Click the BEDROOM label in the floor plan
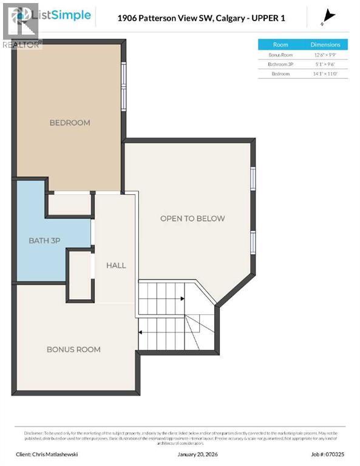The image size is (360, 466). pos(70,123)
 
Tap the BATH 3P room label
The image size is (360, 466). pos(44,241)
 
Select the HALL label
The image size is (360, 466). pos(116,265)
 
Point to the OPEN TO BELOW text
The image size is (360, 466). pos(192,218)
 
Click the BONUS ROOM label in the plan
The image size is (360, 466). pos(73,349)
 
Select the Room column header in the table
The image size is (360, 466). pos(280,44)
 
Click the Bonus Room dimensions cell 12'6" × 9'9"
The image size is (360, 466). pos(325,55)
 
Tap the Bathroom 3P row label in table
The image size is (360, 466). pos(280,64)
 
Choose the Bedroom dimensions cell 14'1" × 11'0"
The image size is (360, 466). pos(325,73)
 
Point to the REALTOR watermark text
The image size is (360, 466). pos(22,44)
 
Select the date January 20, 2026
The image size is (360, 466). pos(198,453)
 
